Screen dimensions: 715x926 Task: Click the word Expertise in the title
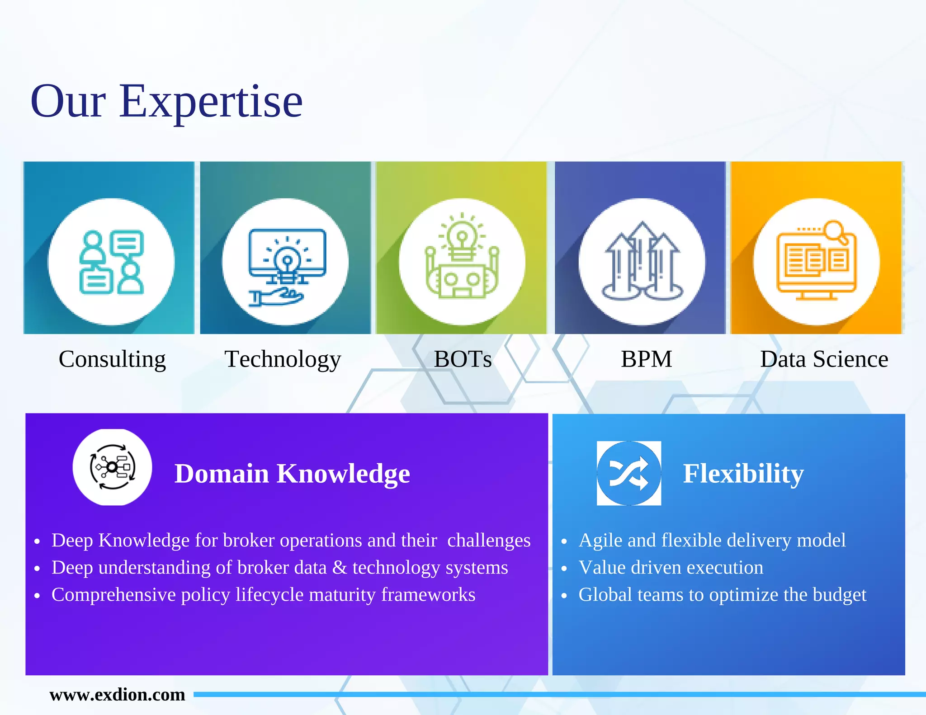pyautogui.click(x=211, y=102)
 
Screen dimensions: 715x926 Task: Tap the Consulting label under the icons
pyautogui.click(x=112, y=359)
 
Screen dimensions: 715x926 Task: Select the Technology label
pyautogui.click(x=283, y=359)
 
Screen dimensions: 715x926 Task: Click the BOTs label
pyautogui.click(x=463, y=359)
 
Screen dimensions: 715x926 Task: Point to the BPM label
pyautogui.click(x=646, y=359)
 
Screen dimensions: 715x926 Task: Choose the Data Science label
pyautogui.click(x=824, y=359)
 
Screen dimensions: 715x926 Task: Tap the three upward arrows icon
pyautogui.click(x=642, y=261)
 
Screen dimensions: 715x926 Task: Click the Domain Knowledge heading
pyautogui.click(x=292, y=474)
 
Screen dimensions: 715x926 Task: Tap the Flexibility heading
pyautogui.click(x=743, y=474)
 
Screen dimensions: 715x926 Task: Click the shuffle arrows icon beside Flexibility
pyautogui.click(x=628, y=473)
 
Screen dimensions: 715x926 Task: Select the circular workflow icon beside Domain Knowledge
pyautogui.click(x=112, y=467)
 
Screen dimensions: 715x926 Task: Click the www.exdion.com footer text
pyautogui.click(x=117, y=695)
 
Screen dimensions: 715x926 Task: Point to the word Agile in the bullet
pyautogui.click(x=600, y=541)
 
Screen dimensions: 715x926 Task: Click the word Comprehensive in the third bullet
pyautogui.click(x=113, y=595)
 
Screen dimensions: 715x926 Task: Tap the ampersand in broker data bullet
pyautogui.click(x=339, y=568)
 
